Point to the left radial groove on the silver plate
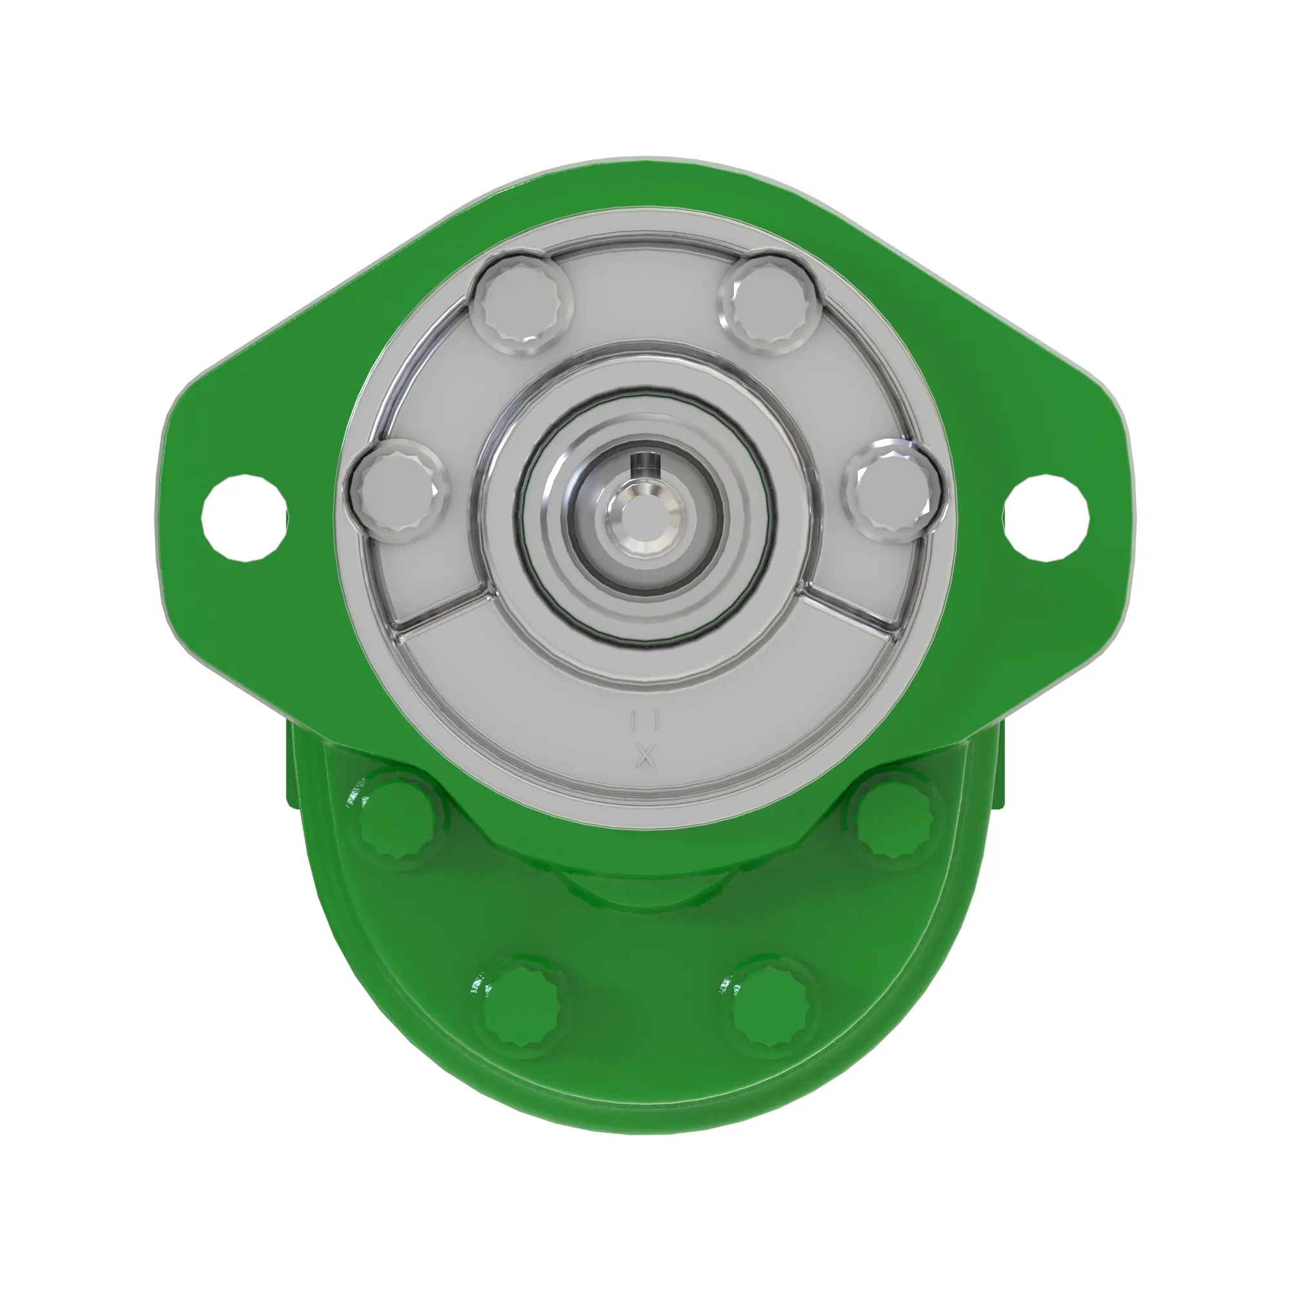[441, 607]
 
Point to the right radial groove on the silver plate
[849, 607]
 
